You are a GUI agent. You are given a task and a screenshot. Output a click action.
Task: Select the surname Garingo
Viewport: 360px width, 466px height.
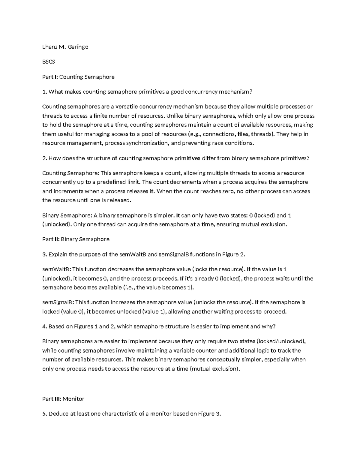tap(78, 47)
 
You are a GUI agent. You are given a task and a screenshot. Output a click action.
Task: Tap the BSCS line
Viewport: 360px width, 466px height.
tap(49, 62)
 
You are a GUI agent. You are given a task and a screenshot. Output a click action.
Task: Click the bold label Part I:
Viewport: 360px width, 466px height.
tap(50, 77)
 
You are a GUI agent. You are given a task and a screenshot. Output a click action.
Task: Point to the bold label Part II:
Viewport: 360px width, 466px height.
tap(51, 239)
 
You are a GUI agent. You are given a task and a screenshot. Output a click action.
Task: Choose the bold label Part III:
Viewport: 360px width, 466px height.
tap(52, 399)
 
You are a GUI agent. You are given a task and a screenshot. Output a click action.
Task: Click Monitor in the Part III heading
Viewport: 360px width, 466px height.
tap(74, 399)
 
